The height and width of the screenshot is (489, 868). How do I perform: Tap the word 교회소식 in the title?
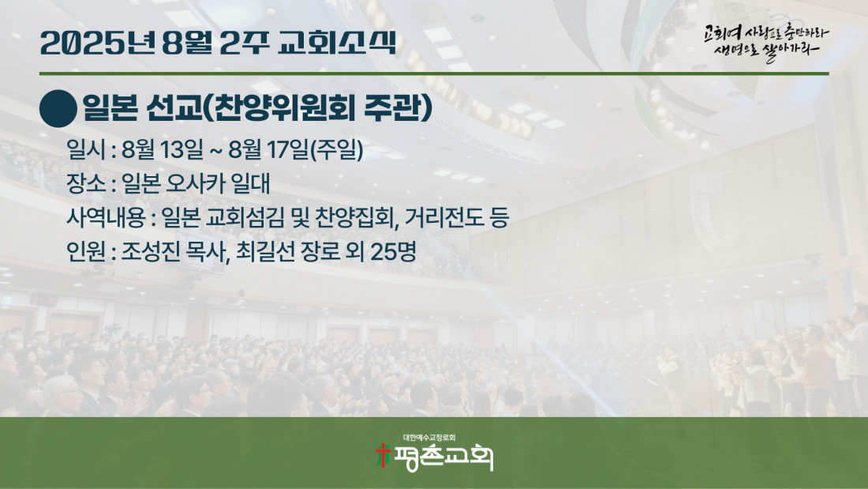pos(337,43)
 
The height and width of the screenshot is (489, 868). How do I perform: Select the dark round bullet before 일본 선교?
pos(58,109)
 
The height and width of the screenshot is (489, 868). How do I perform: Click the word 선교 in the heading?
pos(175,108)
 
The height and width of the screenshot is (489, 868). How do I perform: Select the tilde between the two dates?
pos(215,150)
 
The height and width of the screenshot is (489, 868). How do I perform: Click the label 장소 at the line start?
pos(86,183)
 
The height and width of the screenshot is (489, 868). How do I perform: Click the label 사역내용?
pos(106,217)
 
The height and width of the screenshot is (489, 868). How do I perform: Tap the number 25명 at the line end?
pos(394,252)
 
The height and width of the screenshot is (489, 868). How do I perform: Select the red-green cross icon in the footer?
pos(383,455)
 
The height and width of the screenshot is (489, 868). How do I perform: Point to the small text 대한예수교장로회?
pos(429,438)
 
